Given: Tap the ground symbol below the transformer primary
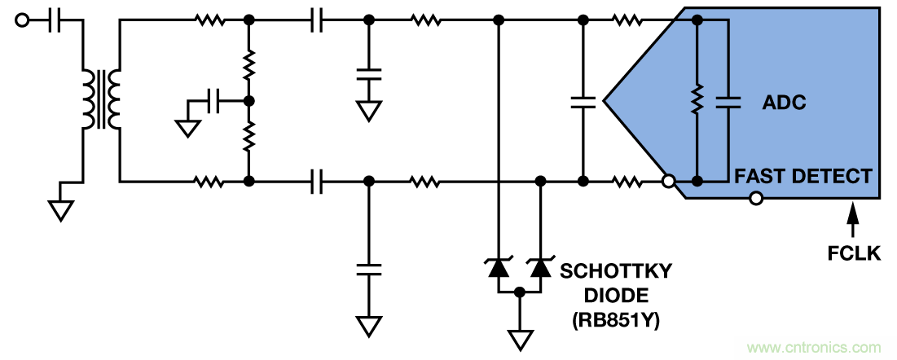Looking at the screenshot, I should tap(59, 209).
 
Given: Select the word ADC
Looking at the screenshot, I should tap(784, 103).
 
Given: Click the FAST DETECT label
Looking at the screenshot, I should tap(803, 175).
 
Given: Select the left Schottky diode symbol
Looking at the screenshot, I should tap(498, 266).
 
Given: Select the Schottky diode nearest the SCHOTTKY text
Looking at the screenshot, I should tap(539, 266).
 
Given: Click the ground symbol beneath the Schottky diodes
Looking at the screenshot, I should tap(519, 336).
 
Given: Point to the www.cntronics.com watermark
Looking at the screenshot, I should tap(813, 348).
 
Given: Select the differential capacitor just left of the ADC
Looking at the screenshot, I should tap(583, 102).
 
